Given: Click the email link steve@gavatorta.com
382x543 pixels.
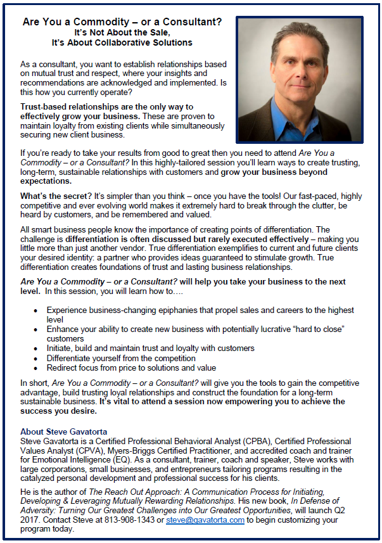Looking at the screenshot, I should click(x=205, y=520).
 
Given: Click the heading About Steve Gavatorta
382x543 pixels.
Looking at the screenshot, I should click(x=63, y=431).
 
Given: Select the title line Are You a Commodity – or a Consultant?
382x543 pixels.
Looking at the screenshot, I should click(x=122, y=21).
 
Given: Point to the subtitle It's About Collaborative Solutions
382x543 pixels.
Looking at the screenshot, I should click(x=122, y=42).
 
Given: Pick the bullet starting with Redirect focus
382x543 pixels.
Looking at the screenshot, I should click(x=131, y=367).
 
